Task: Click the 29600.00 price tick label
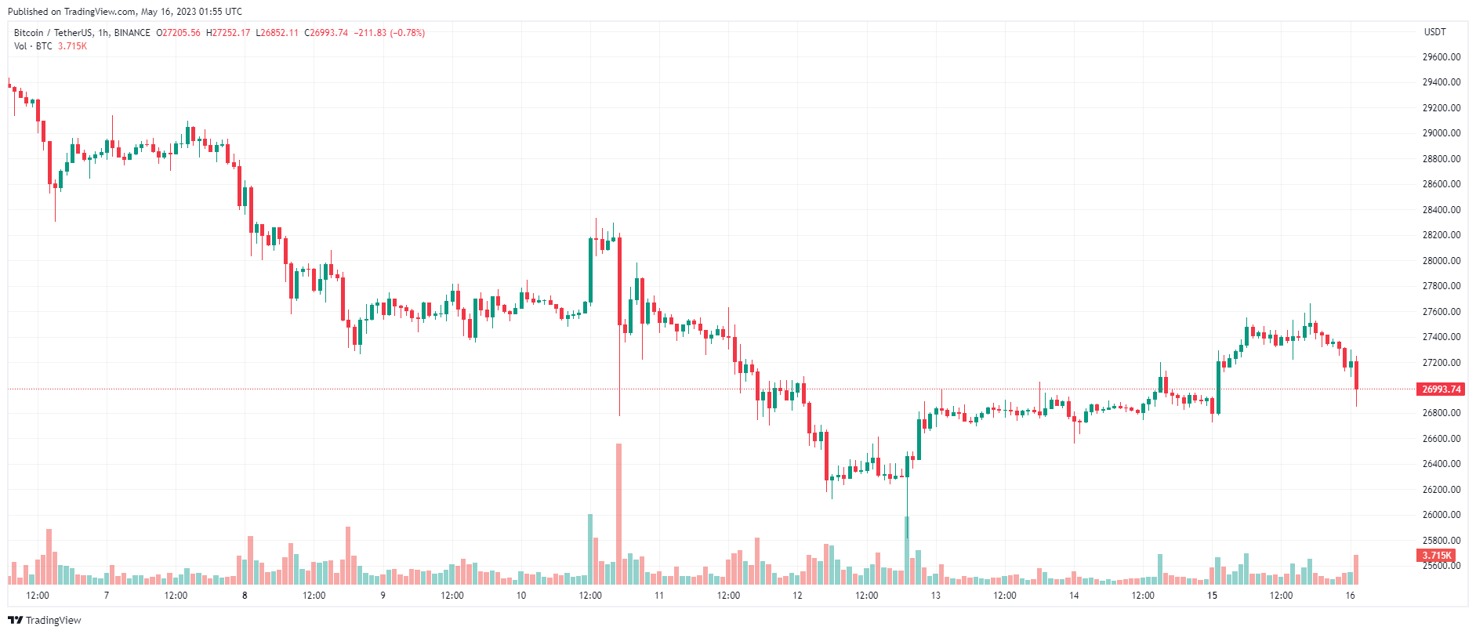1441,57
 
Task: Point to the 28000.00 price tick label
1441,261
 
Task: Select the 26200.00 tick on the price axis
1441,490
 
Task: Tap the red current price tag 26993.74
1441,389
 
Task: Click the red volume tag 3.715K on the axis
1437,556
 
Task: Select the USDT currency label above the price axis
1434,32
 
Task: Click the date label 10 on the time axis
521,596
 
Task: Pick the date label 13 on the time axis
935,596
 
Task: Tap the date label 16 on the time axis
1350,596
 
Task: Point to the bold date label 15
1212,596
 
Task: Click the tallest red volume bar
618,513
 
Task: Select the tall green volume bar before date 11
590,549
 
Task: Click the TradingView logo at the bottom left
45,621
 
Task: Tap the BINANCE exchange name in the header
132,33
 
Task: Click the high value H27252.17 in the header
228,33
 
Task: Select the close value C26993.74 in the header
326,33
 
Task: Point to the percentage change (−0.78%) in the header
408,33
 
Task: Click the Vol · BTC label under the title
33,46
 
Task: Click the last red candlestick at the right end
1356,375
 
